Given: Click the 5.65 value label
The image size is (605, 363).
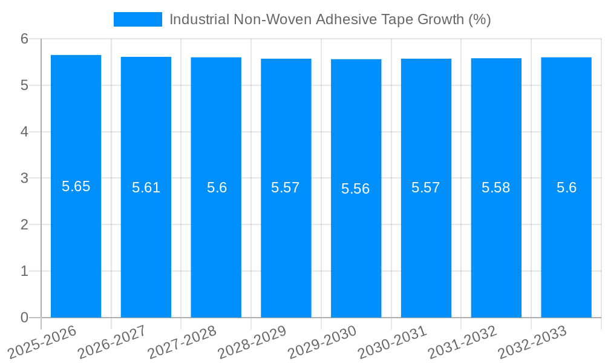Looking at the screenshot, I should [76, 186].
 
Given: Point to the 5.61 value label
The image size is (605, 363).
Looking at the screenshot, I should [146, 188].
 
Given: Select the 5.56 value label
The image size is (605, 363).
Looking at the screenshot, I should [356, 189].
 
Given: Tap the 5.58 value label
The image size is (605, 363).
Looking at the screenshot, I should [496, 188].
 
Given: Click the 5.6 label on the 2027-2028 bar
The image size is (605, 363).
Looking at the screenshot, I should [216, 188].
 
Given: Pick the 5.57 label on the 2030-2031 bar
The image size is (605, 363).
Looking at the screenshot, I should [426, 188].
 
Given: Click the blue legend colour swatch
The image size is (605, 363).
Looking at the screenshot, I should [138, 19].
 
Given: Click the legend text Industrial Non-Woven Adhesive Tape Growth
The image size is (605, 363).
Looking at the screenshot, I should [330, 19].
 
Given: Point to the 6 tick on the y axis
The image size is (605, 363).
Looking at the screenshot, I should [25, 39].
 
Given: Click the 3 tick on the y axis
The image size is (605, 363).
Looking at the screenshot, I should [25, 178].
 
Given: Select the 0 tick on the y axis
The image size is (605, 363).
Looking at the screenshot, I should [25, 318].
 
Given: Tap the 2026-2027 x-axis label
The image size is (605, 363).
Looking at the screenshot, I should [112, 342].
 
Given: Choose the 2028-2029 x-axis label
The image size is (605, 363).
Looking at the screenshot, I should [252, 342].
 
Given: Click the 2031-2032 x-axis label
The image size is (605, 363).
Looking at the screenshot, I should [462, 342].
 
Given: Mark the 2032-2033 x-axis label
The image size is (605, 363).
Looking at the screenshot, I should [532, 342].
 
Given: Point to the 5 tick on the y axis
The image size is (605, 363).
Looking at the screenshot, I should [25, 85].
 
